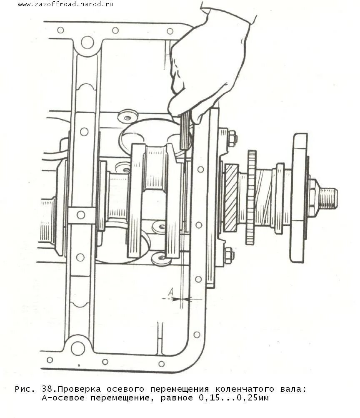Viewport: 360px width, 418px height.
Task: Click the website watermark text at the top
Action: [65, 4]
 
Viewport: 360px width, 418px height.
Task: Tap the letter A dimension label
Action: [170, 293]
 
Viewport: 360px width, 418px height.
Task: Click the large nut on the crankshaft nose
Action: [313, 197]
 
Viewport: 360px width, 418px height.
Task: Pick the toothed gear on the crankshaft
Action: [251, 197]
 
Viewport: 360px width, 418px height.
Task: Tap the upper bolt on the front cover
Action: [231, 138]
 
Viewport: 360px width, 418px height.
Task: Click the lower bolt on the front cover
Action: [228, 255]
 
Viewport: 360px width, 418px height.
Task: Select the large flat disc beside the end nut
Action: [298, 197]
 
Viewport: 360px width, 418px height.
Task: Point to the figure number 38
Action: [47, 389]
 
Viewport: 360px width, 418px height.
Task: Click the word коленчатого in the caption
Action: [241, 389]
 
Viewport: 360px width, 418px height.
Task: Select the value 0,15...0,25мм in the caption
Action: [234, 398]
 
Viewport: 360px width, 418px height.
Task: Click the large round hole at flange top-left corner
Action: [87, 42]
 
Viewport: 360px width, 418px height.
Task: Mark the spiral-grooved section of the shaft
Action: [264, 197]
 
